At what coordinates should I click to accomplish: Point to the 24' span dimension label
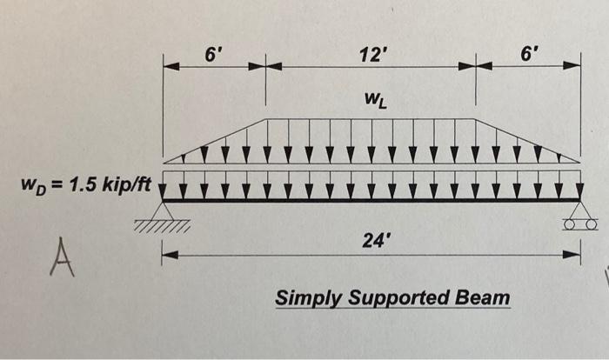pos(371,241)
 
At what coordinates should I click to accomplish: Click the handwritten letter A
pos(60,259)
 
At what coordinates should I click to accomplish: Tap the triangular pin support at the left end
pos(163,210)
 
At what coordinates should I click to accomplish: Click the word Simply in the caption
pos(305,298)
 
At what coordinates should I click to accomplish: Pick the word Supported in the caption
pos(396,298)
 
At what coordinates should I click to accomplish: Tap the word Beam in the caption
pos(485,298)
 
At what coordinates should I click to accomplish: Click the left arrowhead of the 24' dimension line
pos(168,255)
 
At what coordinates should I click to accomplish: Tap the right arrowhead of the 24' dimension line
pos(575,255)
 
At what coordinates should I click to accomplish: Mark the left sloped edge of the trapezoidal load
pos(214,140)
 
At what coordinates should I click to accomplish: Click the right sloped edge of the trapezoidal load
pos(527,140)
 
